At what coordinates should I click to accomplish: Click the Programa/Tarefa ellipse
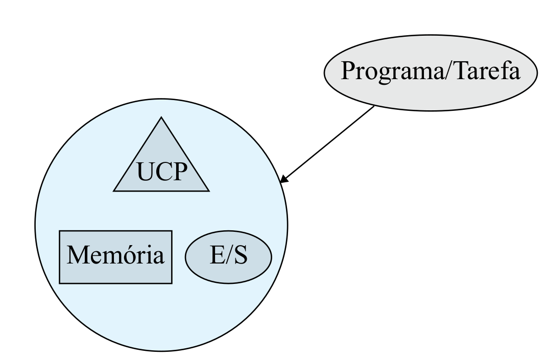[x=431, y=71]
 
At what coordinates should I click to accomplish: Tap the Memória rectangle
[x=116, y=257]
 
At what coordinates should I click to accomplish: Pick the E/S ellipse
[x=228, y=257]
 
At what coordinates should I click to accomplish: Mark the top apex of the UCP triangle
[x=161, y=117]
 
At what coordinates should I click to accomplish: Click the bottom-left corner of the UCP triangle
[x=114, y=191]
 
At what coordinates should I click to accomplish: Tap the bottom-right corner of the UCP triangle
[x=209, y=191]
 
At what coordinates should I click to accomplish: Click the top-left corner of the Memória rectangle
[x=60, y=231]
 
